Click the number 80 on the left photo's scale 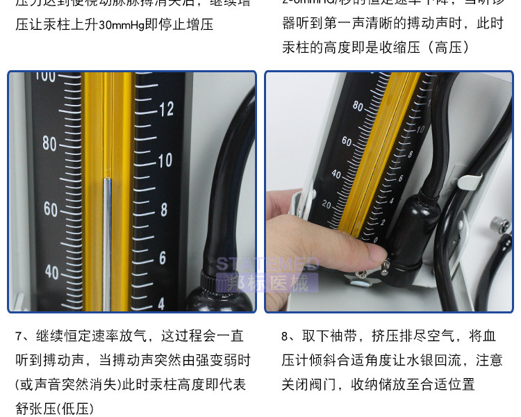point(49,144)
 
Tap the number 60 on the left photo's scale point(51,208)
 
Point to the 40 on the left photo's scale point(51,271)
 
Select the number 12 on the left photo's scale point(166,109)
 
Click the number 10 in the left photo point(165,161)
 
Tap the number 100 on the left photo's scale point(45,76)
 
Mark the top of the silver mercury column point(107,179)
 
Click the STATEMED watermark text point(267,263)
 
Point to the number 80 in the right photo point(358,106)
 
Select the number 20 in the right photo point(326,204)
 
